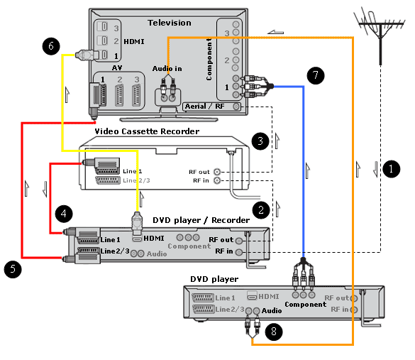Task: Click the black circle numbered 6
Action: [x=51, y=46]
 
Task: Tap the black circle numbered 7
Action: [x=316, y=75]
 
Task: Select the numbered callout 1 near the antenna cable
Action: [x=391, y=169]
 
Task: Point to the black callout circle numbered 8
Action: [x=274, y=332]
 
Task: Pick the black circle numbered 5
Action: [x=13, y=269]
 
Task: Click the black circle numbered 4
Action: [x=64, y=214]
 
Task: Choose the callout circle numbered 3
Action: [x=260, y=141]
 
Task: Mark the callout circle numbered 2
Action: [x=261, y=210]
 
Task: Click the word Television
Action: [x=170, y=23]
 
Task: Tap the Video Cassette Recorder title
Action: [x=147, y=131]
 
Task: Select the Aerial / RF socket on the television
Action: [x=236, y=107]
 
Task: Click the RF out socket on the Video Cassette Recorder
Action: [x=217, y=172]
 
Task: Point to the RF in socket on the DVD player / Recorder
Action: [x=239, y=252]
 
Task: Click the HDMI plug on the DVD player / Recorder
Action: [x=137, y=223]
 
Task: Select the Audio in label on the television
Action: [x=167, y=69]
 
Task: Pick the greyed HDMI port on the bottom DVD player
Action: [x=252, y=295]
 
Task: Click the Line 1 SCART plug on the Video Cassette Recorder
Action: [x=101, y=165]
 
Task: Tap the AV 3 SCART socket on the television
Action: [x=136, y=94]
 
